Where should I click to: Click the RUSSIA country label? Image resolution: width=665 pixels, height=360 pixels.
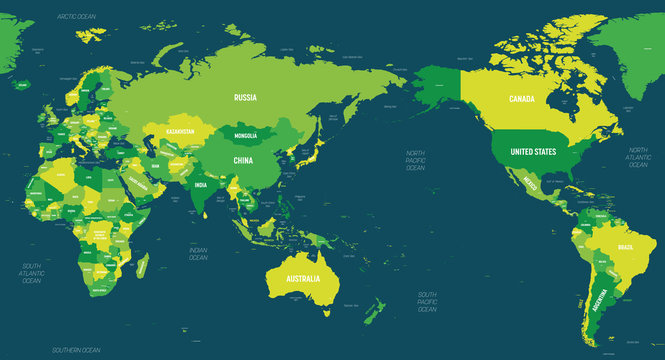coord(246,98)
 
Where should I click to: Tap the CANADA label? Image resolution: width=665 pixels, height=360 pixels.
coord(522,99)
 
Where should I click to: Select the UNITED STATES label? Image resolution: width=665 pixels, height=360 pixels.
coord(532,151)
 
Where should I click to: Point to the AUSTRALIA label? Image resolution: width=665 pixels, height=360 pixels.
coord(303,277)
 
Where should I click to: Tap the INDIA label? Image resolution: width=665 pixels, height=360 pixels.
coord(200,185)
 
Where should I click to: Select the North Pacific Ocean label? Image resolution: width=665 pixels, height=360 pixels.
coord(415,159)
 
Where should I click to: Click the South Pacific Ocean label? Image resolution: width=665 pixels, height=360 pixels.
coord(428,301)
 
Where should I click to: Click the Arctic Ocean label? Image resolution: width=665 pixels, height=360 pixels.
coord(75,17)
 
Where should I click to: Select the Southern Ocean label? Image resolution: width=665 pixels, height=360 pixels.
coord(78,350)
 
